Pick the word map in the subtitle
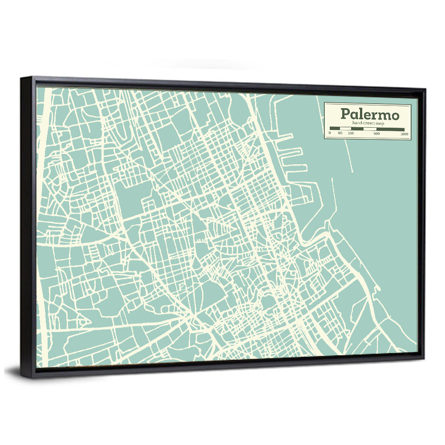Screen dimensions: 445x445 click(380, 123)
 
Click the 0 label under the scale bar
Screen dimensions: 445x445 click(330, 133)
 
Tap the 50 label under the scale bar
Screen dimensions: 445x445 click(340, 133)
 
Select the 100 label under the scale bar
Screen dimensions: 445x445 click(351, 133)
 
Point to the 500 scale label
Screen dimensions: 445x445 click(376, 133)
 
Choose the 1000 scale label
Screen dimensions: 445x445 click(404, 134)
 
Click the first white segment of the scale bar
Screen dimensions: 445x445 click(345, 129)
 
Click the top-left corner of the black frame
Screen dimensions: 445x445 click(21, 78)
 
